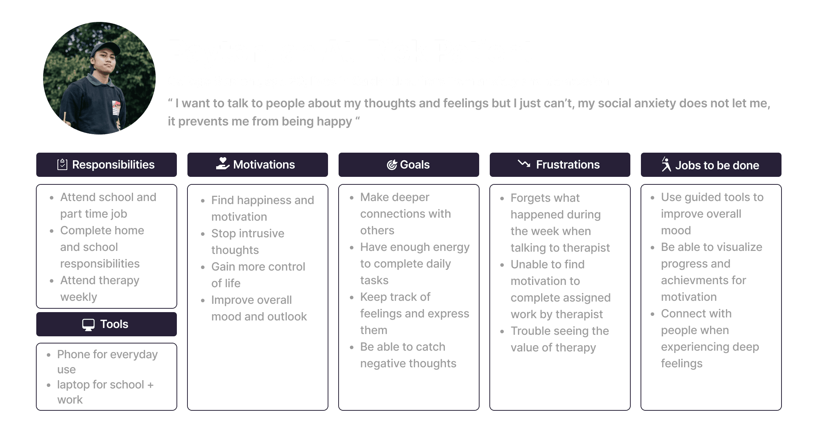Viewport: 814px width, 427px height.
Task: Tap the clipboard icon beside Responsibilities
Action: pos(62,164)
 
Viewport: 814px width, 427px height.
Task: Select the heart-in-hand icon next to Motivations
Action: pos(223,164)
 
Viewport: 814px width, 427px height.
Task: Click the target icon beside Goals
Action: pos(392,165)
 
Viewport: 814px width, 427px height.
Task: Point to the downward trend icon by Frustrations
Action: pos(524,164)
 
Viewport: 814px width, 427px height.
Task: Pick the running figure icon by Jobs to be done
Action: pos(666,164)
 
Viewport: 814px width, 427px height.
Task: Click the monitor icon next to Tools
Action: pos(88,325)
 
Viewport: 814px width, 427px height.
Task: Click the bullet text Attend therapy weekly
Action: pos(99,288)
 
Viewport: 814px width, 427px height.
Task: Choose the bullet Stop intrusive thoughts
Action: pos(248,241)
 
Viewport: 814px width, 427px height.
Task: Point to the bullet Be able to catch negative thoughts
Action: pos(408,355)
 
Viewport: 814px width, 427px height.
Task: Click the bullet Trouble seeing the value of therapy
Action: pos(559,339)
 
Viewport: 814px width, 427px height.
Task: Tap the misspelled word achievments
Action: pos(703,280)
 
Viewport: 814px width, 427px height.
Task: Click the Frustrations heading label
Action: pos(568,165)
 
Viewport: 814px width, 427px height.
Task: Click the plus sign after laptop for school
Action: pos(150,385)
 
